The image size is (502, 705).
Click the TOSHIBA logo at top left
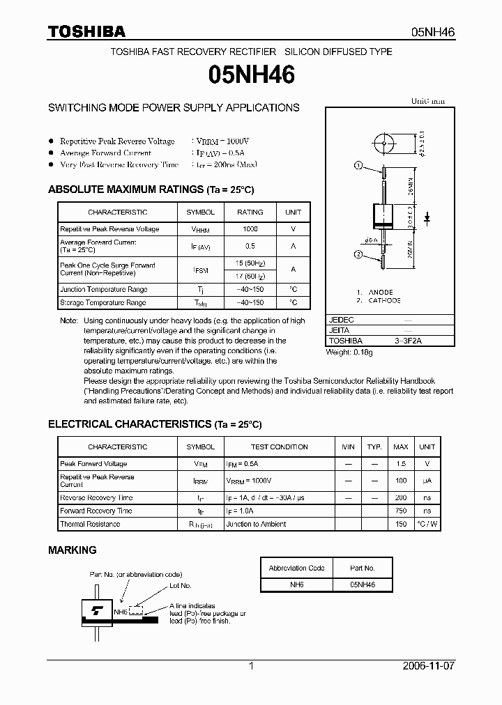(86, 31)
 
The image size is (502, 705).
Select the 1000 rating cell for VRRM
(250, 229)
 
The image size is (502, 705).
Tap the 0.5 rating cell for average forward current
(250, 246)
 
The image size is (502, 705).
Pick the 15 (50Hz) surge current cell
(250, 263)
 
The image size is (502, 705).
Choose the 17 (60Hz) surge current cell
(250, 276)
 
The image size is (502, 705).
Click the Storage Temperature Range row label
(102, 303)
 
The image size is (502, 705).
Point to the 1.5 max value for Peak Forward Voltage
(401, 464)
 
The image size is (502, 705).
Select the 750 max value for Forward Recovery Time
(401, 511)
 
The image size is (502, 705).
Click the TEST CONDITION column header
(279, 447)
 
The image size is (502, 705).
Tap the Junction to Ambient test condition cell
(256, 524)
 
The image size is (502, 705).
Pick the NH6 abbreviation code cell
(296, 585)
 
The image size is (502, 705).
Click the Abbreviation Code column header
(296, 568)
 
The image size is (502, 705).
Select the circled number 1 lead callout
(358, 165)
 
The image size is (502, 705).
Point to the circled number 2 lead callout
(358, 254)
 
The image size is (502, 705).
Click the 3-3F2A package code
(408, 341)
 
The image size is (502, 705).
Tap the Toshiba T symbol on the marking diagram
(94, 611)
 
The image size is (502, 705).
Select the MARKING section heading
(73, 550)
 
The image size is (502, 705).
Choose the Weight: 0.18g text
(349, 352)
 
